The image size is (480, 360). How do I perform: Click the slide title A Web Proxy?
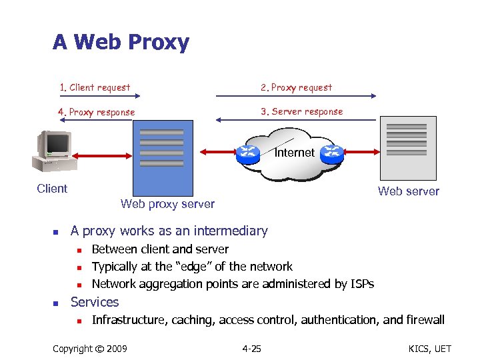121,43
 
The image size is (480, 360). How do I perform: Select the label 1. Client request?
95,87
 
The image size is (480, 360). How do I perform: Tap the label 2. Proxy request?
296,87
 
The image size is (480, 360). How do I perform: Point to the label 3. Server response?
302,111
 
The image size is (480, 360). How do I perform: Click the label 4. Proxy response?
97,112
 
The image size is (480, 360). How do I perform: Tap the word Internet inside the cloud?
295,153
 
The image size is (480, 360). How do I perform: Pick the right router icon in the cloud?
331,153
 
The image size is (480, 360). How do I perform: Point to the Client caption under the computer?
52,189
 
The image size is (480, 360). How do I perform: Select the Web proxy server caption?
167,204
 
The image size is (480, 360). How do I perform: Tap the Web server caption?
409,191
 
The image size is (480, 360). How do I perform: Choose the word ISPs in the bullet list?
360,284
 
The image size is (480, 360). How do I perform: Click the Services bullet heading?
95,302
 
